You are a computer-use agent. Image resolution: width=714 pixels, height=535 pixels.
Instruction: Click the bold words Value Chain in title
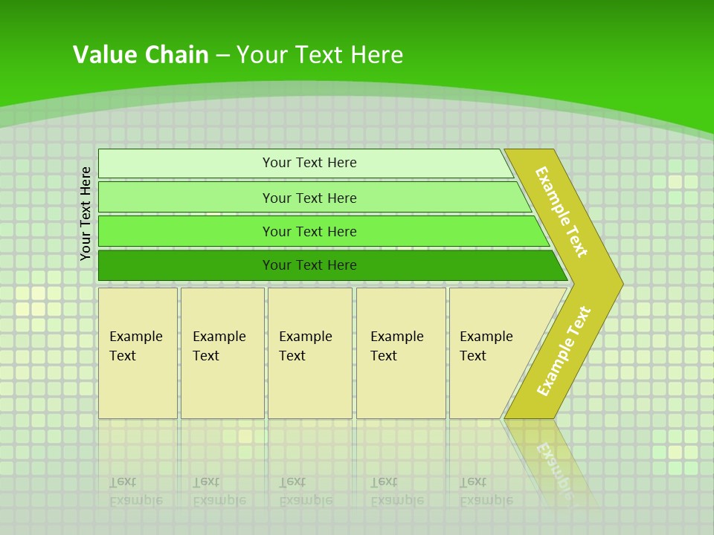(141, 55)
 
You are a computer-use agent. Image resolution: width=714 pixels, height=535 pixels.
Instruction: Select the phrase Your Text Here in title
(320, 55)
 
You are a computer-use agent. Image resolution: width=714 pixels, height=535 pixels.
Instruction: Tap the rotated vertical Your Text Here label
(86, 213)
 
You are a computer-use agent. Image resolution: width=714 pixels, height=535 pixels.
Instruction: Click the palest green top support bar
(186, 163)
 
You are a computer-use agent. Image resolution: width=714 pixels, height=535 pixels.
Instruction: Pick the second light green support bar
(186, 198)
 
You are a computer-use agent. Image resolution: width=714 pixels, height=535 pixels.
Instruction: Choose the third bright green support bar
(186, 231)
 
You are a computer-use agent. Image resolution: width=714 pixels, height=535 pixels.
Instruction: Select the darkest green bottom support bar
(186, 265)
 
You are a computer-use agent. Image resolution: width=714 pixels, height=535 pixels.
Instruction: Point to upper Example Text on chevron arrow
(562, 212)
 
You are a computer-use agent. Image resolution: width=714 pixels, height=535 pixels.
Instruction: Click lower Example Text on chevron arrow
(564, 351)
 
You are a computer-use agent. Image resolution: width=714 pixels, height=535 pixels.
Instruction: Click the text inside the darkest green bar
(309, 265)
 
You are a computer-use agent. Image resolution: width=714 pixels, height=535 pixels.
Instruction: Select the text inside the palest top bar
(309, 163)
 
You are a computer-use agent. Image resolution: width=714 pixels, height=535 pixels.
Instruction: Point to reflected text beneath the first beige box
(135, 491)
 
